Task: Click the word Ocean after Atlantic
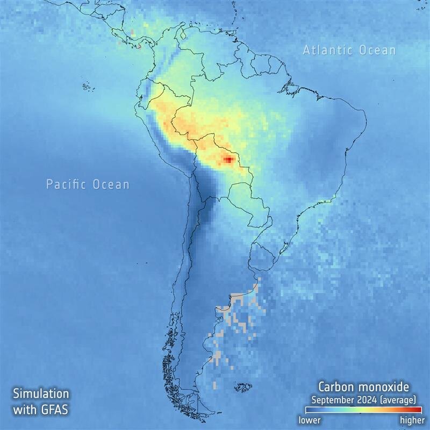376,51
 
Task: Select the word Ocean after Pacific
110,185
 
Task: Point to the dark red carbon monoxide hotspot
228,159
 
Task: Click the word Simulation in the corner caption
41,393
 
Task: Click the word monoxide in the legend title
386,386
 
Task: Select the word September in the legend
333,399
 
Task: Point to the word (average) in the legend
397,399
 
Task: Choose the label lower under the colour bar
310,419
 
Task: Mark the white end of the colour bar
301,410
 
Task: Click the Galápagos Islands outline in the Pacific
86,87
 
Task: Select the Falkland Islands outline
244,386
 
